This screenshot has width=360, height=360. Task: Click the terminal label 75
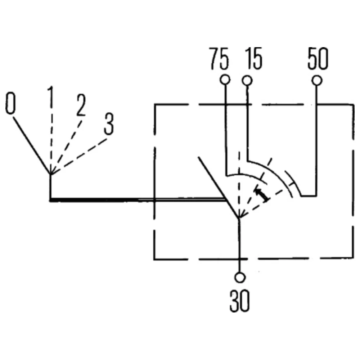[219, 59]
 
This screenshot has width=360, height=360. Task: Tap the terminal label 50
[318, 59]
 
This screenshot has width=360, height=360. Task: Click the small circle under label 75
[225, 80]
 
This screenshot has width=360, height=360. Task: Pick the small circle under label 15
[247, 80]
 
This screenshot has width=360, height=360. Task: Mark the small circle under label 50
[317, 80]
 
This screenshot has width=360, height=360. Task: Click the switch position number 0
[11, 103]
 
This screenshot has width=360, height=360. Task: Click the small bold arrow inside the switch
[262, 193]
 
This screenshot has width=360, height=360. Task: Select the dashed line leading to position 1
[51, 140]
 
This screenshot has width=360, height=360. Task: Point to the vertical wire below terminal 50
[317, 144]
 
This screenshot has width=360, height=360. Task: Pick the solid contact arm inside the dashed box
[218, 187]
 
